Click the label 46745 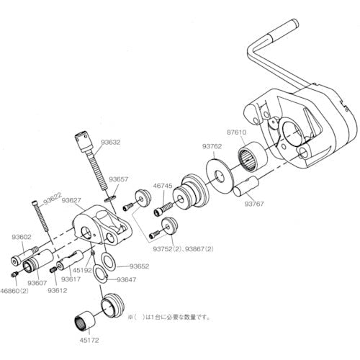(162, 186)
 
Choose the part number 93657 (120, 178)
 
